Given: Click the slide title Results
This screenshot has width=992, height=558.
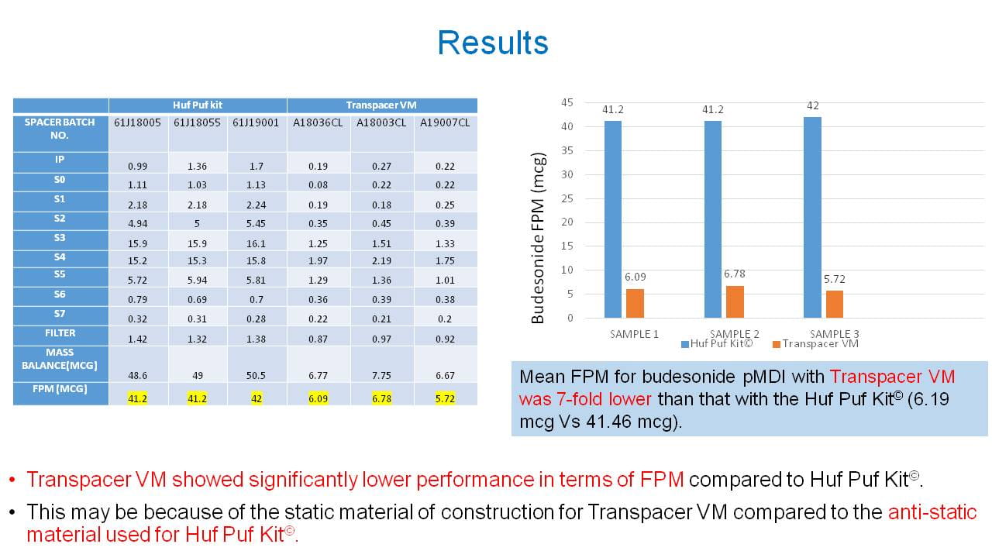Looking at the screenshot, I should (x=493, y=43).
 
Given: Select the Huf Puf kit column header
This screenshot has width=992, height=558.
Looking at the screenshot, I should (x=198, y=105).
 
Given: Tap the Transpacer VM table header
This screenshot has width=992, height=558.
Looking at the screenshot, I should (x=382, y=105).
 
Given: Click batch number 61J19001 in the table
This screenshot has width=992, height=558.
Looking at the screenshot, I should (x=257, y=122).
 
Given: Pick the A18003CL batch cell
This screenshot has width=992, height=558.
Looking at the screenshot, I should (x=381, y=122).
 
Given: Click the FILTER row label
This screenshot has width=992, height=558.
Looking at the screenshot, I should (x=60, y=333).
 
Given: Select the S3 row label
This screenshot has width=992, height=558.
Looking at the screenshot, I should (x=60, y=237).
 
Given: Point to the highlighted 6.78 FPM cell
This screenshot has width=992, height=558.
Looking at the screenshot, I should (x=381, y=398).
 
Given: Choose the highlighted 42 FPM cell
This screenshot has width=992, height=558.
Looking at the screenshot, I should (x=257, y=398).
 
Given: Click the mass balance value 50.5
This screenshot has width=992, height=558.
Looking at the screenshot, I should (x=257, y=375).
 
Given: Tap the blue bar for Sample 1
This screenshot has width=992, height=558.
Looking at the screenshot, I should (x=613, y=219).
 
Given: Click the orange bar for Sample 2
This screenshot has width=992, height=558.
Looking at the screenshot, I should (x=735, y=301).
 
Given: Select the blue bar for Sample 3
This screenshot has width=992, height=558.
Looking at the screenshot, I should (x=812, y=218).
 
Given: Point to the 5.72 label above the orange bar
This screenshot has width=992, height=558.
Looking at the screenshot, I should (x=835, y=278).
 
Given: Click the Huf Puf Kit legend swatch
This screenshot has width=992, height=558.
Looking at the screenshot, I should (x=685, y=344).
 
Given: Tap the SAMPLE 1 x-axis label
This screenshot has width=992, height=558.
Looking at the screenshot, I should (x=635, y=334).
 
